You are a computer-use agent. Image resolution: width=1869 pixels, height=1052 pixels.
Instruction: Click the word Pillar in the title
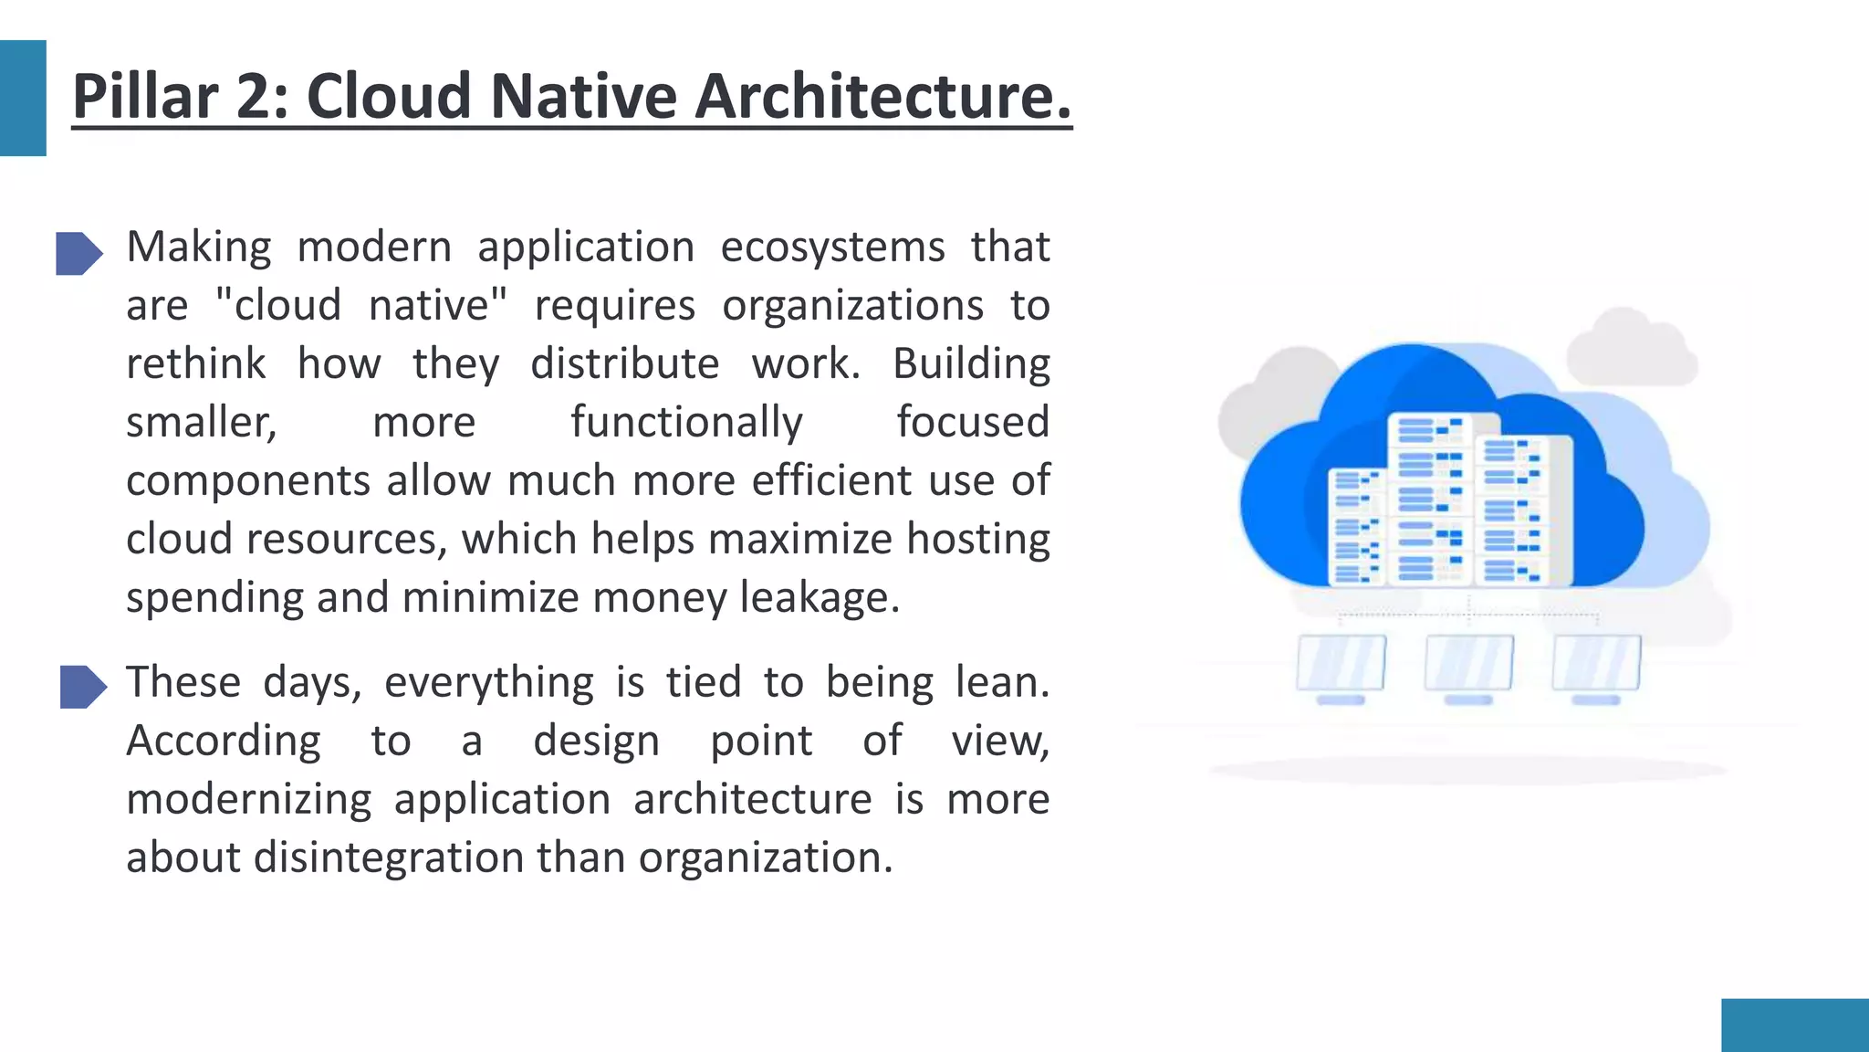click(145, 96)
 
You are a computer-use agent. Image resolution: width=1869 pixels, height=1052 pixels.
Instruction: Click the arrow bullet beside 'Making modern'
click(78, 253)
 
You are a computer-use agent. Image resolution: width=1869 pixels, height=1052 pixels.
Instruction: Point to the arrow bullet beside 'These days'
click(83, 687)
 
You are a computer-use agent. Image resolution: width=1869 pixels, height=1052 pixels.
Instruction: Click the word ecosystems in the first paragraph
click(832, 247)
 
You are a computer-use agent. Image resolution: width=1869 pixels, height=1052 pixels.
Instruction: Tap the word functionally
click(686, 423)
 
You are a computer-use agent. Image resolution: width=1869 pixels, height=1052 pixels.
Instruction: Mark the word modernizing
click(248, 800)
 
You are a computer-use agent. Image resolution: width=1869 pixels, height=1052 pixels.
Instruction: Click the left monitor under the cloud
click(1341, 665)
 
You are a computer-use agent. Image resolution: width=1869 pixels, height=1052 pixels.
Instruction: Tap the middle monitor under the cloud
click(1468, 665)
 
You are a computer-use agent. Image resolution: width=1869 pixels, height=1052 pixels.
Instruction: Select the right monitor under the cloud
click(1596, 665)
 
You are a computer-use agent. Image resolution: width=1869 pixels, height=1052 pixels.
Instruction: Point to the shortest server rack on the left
click(1356, 526)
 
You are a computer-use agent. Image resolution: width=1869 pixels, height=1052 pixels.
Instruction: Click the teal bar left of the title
click(23, 98)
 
